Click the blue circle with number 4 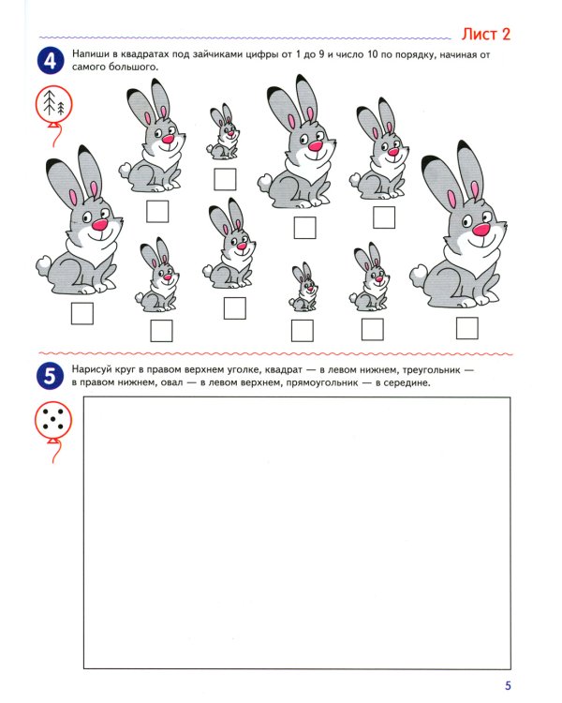[51, 61]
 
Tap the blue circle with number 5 [50, 376]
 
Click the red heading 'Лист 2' [486, 34]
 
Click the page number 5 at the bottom [508, 685]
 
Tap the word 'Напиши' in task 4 [91, 54]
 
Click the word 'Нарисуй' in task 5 [93, 370]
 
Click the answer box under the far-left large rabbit [82, 313]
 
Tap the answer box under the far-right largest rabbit [467, 328]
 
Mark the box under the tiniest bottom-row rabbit [302, 331]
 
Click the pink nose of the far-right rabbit [481, 230]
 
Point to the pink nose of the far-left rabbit [99, 225]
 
